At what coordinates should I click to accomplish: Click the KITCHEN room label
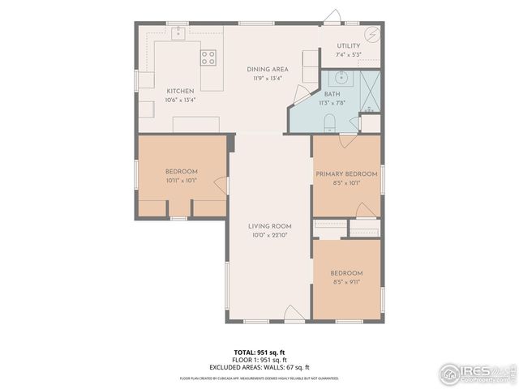tap(180, 91)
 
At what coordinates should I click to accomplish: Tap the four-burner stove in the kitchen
tap(208, 57)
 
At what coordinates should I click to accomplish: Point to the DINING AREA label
tap(268, 70)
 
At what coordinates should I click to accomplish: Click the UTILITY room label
tap(349, 46)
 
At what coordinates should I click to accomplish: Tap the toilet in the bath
tap(329, 122)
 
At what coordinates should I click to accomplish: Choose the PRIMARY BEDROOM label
tap(346, 173)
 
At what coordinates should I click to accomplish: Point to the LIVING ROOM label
tap(270, 226)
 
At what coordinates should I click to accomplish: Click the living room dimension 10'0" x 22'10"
tap(270, 235)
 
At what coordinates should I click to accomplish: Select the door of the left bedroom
tap(220, 186)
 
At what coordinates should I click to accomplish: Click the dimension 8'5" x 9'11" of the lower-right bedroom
tap(346, 282)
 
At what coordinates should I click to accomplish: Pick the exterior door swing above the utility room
tap(332, 16)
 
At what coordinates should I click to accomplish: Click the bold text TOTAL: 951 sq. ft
tap(259, 353)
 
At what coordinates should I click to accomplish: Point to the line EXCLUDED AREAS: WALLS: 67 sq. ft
tap(259, 367)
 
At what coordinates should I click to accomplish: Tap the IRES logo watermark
tap(478, 373)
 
